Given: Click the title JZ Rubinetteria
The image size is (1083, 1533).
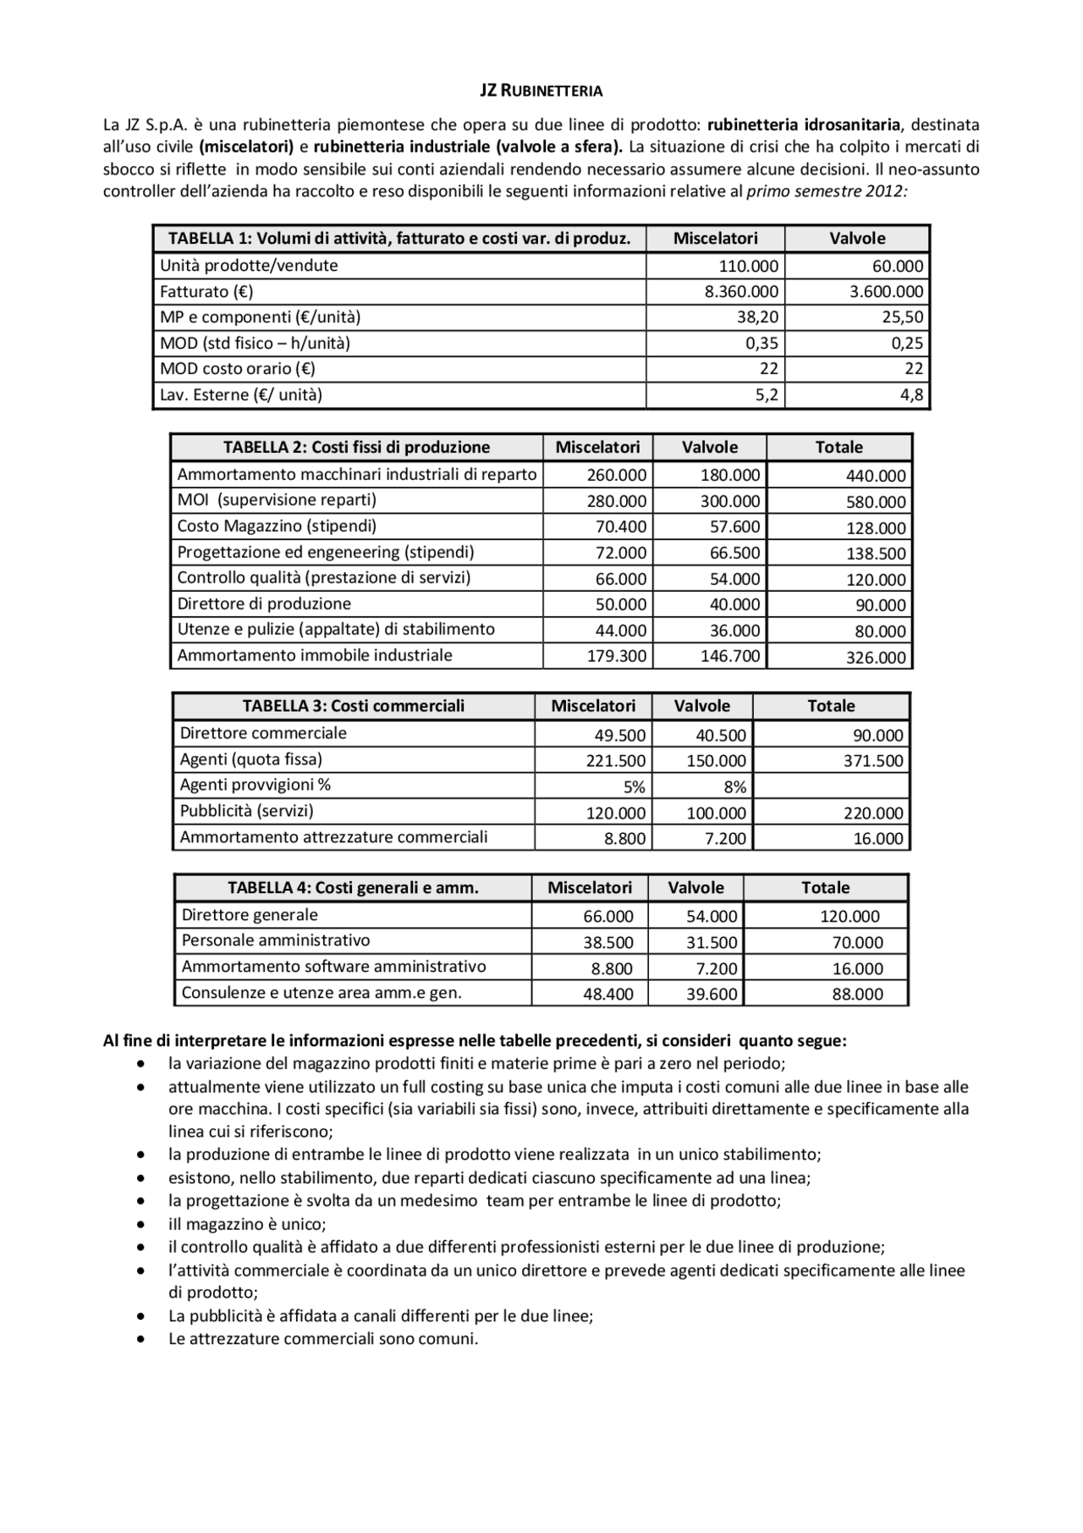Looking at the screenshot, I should click(x=541, y=91).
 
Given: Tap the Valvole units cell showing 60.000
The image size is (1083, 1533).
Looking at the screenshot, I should click(x=897, y=267).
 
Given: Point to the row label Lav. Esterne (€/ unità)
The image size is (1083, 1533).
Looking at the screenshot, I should click(x=241, y=394).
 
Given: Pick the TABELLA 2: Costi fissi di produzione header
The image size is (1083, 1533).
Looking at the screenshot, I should click(x=356, y=447).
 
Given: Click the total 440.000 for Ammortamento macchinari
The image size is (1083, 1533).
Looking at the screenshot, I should click(x=876, y=476).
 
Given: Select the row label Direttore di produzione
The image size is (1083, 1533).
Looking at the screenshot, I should click(x=264, y=604).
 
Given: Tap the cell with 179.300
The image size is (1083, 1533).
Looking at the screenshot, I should click(x=617, y=656).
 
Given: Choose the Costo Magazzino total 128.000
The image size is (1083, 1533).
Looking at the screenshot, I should click(x=876, y=528).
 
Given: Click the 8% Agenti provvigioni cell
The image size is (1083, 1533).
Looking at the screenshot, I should click(x=734, y=787).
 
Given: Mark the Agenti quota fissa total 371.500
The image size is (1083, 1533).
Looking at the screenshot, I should click(x=873, y=761).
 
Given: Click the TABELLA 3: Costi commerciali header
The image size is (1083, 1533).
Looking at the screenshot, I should click(x=353, y=706).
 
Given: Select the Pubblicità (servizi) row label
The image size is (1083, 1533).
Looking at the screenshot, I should click(x=246, y=811).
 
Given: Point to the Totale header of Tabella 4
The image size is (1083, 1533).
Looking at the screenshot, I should click(x=825, y=887).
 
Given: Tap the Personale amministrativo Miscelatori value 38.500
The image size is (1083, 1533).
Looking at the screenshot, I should click(x=607, y=942).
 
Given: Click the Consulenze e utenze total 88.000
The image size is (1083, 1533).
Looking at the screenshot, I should click(x=857, y=994).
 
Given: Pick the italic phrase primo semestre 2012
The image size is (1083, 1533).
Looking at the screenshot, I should click(x=827, y=191).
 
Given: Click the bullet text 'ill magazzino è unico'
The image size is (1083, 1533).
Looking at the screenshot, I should click(x=247, y=1224).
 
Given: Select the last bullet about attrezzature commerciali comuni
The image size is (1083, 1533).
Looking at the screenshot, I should click(x=323, y=1339).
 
